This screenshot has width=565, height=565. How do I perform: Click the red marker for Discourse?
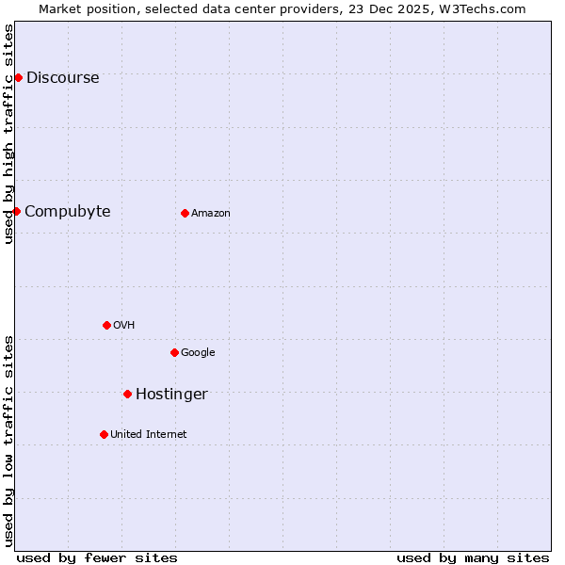18,77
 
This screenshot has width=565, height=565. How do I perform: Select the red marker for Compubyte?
16,211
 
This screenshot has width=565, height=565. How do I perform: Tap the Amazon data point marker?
185,213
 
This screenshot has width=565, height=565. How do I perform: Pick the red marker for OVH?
106,325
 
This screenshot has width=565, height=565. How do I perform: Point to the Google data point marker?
174,352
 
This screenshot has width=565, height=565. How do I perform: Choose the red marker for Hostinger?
127,394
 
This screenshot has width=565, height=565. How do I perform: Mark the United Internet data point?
104,434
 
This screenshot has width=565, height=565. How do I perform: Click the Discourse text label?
62,78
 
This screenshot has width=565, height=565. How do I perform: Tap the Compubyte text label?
67,212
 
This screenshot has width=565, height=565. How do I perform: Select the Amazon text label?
211,214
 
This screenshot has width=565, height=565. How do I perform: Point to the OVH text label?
123,326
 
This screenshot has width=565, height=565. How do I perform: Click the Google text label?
198,353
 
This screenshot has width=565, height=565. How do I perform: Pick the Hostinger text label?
171,395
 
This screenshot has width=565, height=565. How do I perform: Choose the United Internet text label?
148,435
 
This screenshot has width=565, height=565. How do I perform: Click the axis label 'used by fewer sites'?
97,557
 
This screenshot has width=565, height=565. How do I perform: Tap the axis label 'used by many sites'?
473,557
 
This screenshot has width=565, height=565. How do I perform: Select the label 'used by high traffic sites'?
8,134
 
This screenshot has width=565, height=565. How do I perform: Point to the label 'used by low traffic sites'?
8,441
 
